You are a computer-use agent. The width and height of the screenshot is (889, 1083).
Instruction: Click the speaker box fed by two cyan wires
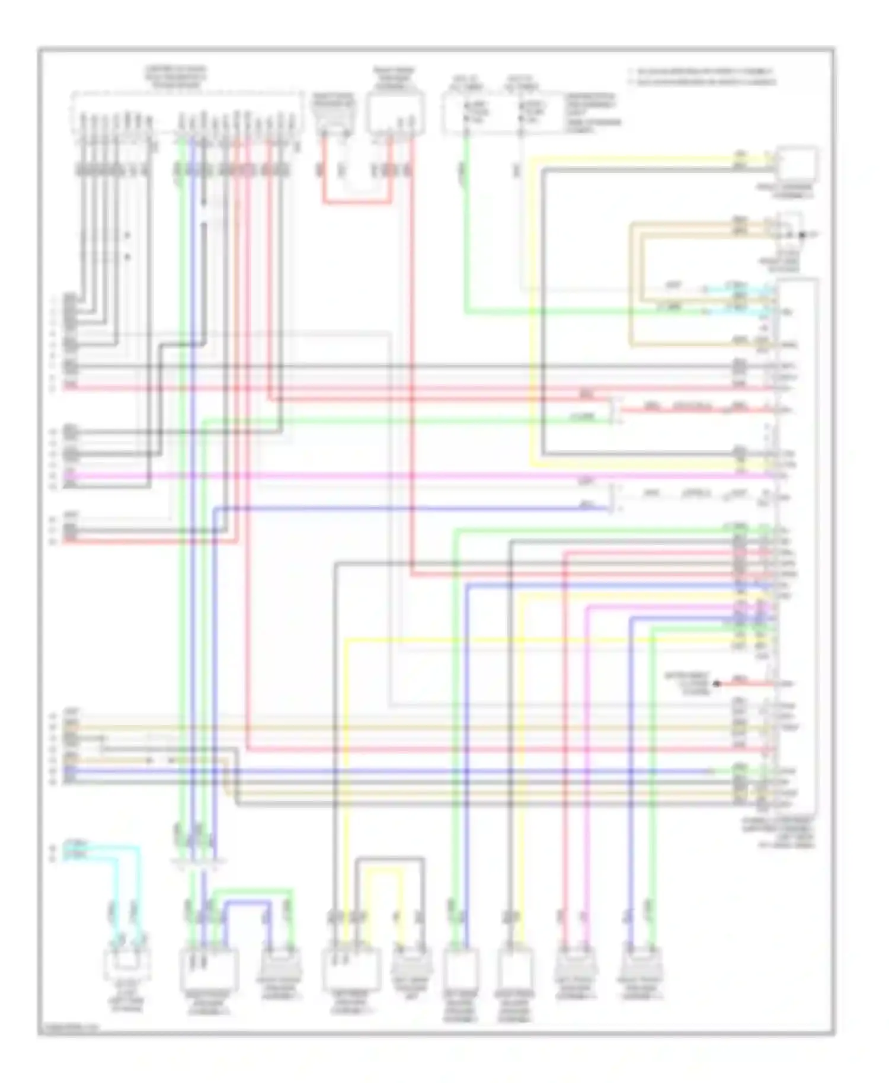[127, 964]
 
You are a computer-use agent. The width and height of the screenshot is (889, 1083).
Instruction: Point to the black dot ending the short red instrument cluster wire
[717, 684]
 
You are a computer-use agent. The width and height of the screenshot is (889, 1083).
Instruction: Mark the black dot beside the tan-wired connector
[802, 235]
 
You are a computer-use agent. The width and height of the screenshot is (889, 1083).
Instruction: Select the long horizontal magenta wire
[415, 475]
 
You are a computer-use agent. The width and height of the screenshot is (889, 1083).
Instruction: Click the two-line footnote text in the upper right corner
[703, 76]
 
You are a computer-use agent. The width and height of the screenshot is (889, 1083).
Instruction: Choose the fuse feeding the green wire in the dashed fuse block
[466, 110]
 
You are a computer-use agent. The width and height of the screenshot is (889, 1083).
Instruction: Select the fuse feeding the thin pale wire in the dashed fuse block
[521, 110]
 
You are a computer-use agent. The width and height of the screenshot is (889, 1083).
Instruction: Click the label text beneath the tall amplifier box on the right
[778, 832]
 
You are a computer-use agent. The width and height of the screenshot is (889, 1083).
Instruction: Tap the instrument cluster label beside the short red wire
[687, 684]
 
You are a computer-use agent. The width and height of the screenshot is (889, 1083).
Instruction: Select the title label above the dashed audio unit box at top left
[176, 78]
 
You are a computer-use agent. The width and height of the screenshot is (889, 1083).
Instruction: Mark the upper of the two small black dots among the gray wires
[127, 235]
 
